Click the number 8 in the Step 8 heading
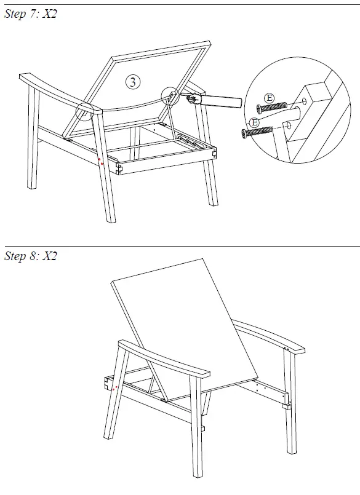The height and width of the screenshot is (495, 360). [x=33, y=256]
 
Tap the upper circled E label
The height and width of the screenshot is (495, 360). [x=268, y=97]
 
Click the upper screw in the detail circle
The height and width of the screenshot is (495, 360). [x=271, y=108]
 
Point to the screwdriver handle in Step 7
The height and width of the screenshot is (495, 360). [x=225, y=100]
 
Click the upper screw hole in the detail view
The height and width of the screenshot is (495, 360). [x=306, y=102]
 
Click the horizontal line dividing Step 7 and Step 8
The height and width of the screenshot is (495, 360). [x=180, y=246]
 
